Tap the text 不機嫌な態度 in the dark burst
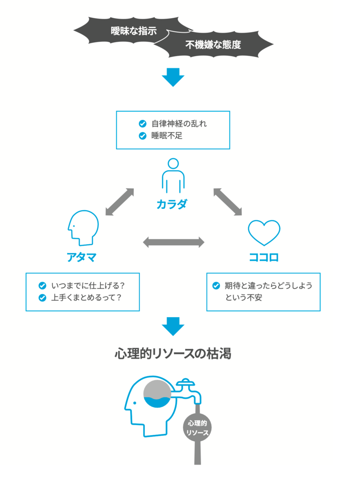click(x=213, y=46)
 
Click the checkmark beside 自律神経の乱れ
click(x=142, y=123)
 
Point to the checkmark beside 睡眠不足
click(x=142, y=136)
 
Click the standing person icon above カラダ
click(x=173, y=175)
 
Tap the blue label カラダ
click(x=172, y=204)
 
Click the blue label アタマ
click(x=82, y=257)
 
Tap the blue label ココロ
click(x=264, y=257)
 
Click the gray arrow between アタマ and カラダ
click(x=119, y=202)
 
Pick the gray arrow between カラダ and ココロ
click(x=228, y=202)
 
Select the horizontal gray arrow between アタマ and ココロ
click(x=173, y=242)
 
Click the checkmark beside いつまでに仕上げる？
click(x=43, y=285)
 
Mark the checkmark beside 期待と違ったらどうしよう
click(x=216, y=286)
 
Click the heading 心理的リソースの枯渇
click(x=173, y=354)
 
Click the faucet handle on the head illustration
click(x=185, y=383)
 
